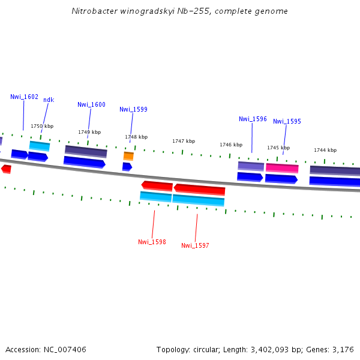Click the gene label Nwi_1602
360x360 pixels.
click(24, 97)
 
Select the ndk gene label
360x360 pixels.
click(49, 100)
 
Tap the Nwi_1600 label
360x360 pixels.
click(91, 104)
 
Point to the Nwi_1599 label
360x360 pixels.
click(133, 109)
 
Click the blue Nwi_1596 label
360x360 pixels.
click(253, 119)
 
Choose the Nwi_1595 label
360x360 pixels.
click(287, 121)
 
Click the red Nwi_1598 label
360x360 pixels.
click(152, 242)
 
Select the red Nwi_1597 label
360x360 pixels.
click(195, 245)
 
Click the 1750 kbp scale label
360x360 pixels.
click(42, 126)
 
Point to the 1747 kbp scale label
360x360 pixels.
click(184, 141)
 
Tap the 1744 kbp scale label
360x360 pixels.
click(325, 150)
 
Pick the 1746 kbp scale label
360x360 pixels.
click(231, 145)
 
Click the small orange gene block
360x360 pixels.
click(128, 156)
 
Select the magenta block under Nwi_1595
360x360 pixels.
click(282, 168)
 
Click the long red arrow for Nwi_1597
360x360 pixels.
click(199, 190)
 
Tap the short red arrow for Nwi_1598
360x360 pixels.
click(157, 185)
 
